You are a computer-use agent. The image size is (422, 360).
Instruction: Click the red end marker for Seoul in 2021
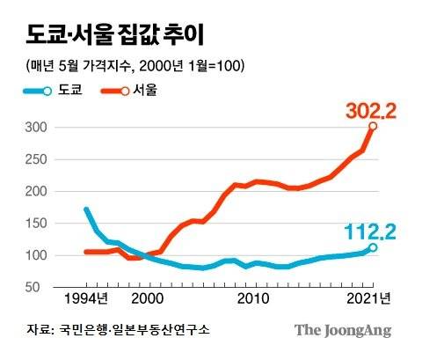[x=373, y=127]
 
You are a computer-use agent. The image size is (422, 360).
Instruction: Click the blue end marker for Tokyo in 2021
[x=373, y=247]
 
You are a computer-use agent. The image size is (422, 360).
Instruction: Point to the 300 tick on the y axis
[x=34, y=128]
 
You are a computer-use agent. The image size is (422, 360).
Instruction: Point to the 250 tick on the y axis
[x=34, y=159]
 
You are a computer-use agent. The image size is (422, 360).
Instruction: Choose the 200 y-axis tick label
[x=34, y=192]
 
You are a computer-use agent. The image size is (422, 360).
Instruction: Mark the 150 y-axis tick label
[x=34, y=224]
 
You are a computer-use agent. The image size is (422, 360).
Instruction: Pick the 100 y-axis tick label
[x=34, y=256]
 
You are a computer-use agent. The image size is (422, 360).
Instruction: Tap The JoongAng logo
[x=343, y=331]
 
